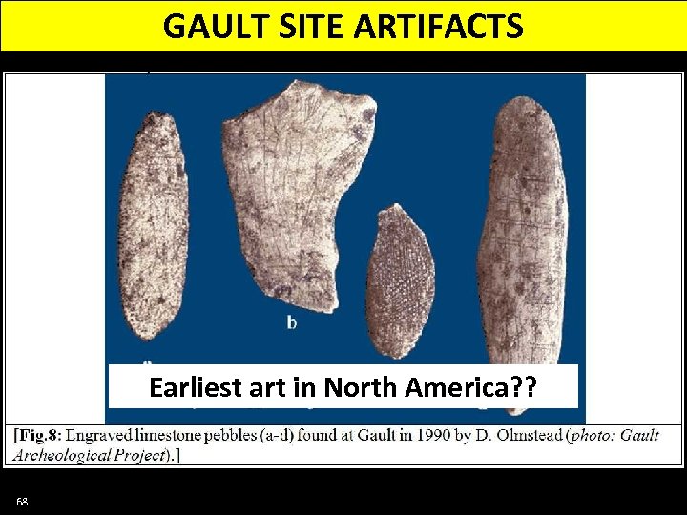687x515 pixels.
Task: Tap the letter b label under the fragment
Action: [x=292, y=322]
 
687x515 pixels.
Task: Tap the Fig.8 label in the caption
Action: [x=38, y=435]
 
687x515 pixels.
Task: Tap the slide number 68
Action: [x=22, y=502]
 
